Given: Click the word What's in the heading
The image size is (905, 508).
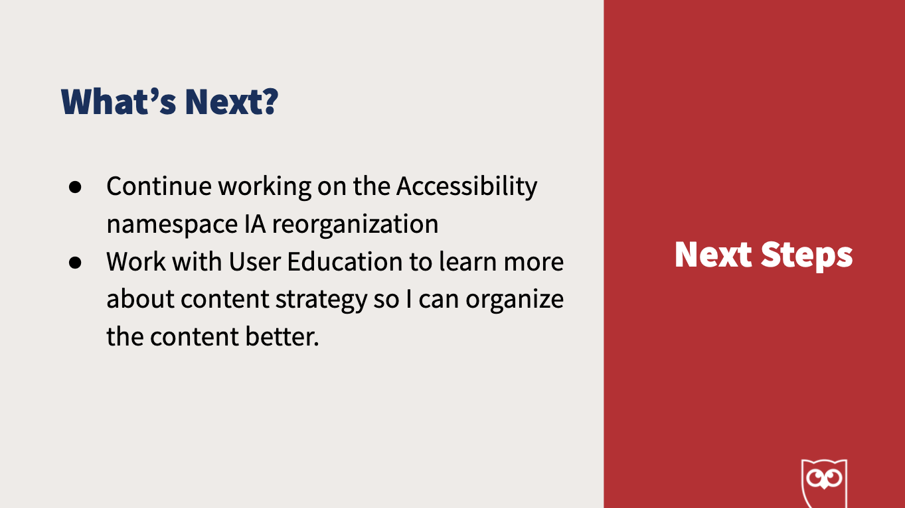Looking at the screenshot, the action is pyautogui.click(x=118, y=101).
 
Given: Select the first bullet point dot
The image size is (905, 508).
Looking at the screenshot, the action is pyautogui.click(x=75, y=187).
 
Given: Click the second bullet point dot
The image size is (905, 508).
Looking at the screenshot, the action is pyautogui.click(x=75, y=263).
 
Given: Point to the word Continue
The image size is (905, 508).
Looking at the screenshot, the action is pyautogui.click(x=159, y=186).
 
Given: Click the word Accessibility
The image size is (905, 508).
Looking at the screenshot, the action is pyautogui.click(x=467, y=188).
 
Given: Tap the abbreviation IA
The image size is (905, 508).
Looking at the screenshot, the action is pyautogui.click(x=255, y=224).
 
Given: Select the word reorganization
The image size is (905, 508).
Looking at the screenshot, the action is pyautogui.click(x=355, y=225).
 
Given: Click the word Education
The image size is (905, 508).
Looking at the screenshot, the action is pyautogui.click(x=345, y=261).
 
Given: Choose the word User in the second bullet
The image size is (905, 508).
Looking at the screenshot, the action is pyautogui.click(x=254, y=261).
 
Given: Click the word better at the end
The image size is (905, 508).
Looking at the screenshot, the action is pyautogui.click(x=282, y=337).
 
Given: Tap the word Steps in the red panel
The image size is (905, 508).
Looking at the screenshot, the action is pyautogui.click(x=807, y=255).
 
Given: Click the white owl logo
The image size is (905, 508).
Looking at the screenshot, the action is pyautogui.click(x=824, y=483).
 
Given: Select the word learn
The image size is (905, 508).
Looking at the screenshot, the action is pyautogui.click(x=468, y=261).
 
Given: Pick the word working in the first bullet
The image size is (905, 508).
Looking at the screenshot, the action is pyautogui.click(x=265, y=188).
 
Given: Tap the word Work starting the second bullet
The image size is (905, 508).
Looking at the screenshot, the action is pyautogui.click(x=135, y=261).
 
